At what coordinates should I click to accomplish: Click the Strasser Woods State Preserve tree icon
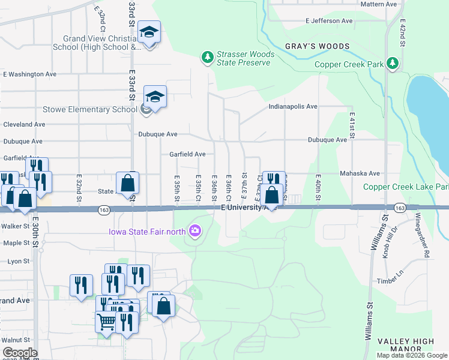click(207, 58)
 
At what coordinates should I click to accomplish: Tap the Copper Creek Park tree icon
click(393, 63)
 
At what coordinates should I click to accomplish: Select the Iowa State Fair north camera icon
click(194, 231)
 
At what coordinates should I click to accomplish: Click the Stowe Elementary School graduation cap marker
click(155, 97)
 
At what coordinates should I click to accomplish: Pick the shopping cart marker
click(106, 322)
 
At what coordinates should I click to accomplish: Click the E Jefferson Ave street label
click(329, 20)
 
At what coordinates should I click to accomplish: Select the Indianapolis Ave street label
click(292, 106)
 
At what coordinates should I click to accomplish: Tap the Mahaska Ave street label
click(360, 173)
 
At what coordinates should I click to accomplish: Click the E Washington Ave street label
click(29, 74)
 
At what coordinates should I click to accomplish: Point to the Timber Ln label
click(391, 280)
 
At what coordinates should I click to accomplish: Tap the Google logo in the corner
click(20, 353)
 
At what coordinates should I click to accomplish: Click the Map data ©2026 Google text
click(411, 355)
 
